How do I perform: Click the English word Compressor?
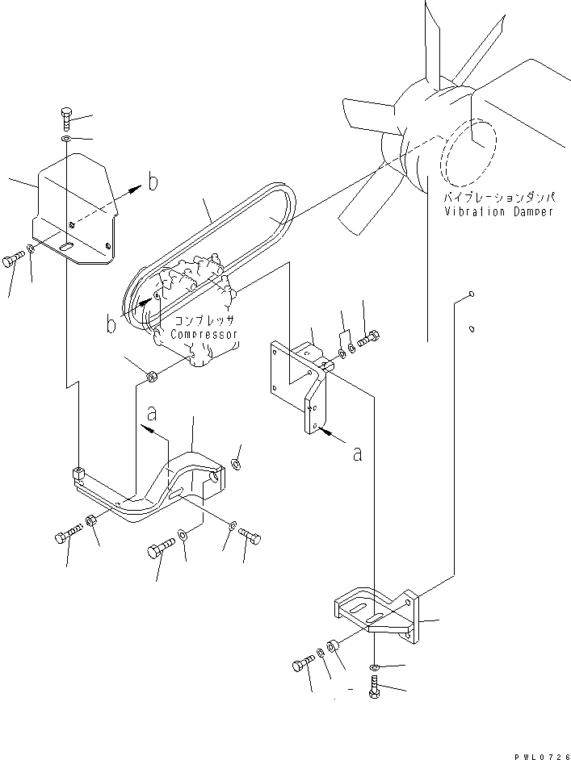point(204,335)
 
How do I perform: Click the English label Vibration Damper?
point(498,212)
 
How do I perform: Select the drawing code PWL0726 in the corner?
point(543,756)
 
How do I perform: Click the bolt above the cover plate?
point(67,119)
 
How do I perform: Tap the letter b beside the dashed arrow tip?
point(153,182)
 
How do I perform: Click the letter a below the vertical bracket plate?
point(358,454)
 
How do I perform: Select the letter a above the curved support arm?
point(152,413)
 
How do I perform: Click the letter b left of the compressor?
point(111,324)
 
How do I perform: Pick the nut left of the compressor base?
point(151,376)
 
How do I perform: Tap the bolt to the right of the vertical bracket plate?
point(368,339)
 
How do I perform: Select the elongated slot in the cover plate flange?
point(66,246)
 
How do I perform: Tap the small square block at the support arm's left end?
point(78,473)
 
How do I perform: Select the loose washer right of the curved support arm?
point(237,464)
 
